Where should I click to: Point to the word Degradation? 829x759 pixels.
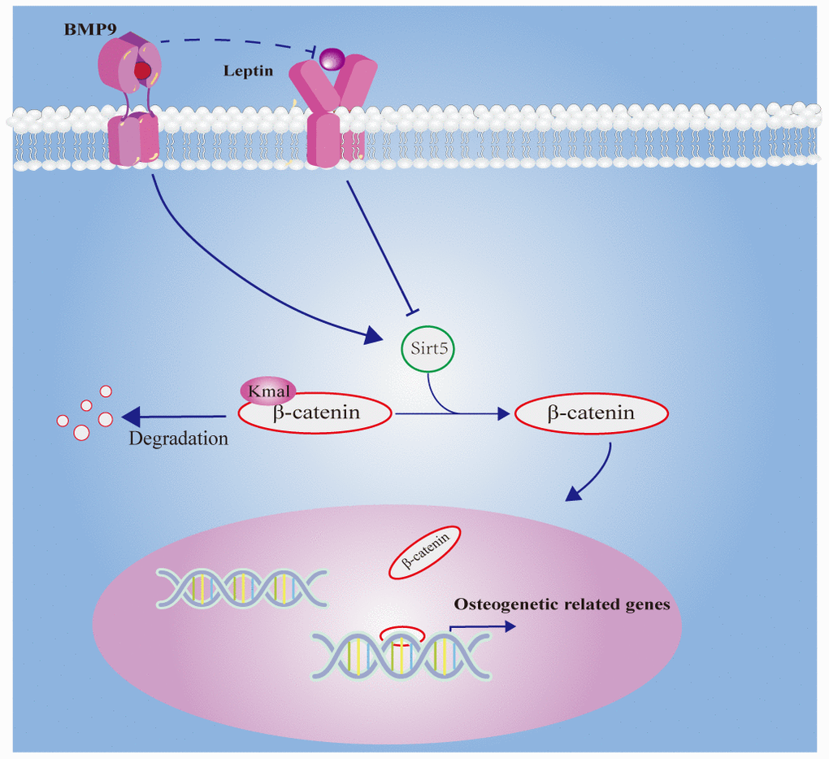(178, 439)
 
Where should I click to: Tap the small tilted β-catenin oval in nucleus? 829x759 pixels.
(426, 552)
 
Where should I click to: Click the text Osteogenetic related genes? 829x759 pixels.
(562, 604)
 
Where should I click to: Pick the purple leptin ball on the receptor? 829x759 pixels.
(331, 58)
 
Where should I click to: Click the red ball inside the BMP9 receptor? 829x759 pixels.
(142, 72)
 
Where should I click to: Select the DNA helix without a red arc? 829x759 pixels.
(242, 586)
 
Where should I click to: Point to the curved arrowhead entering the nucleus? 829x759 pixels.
(576, 493)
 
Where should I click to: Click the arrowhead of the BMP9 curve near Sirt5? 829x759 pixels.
(373, 334)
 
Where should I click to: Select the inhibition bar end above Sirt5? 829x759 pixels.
(413, 310)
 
